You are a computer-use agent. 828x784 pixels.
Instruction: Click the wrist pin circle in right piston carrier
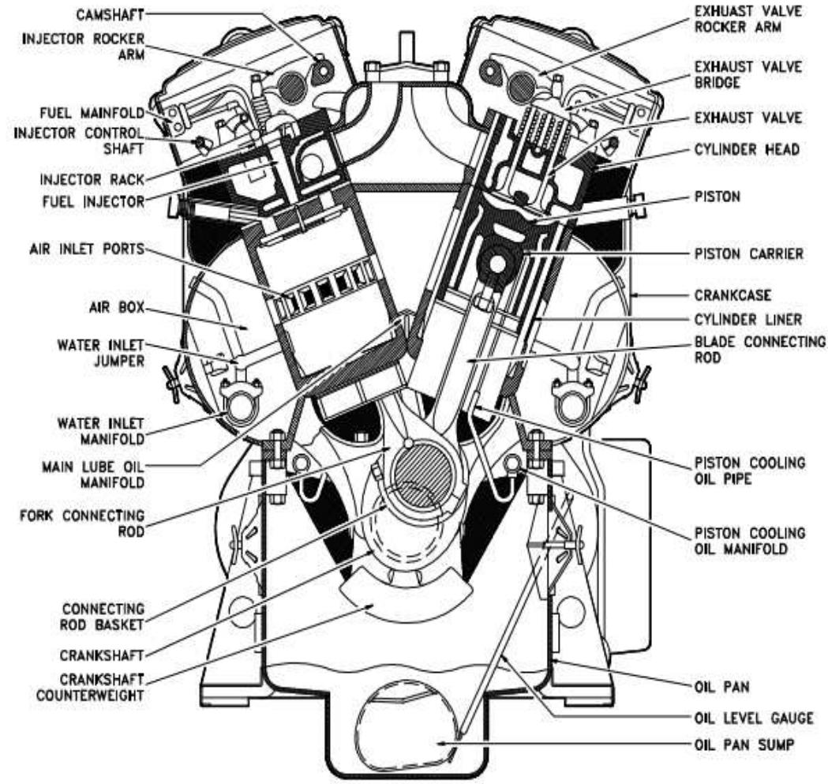[498, 261]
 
